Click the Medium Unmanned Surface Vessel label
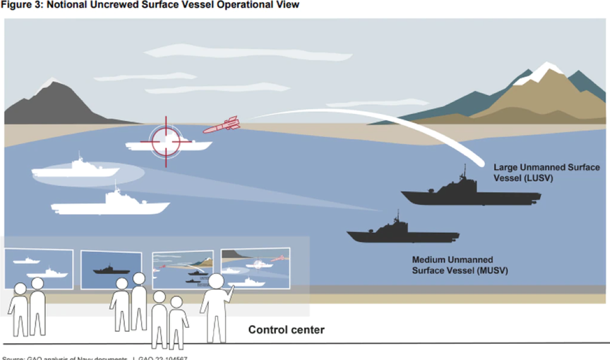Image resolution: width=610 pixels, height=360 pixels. click(x=459, y=265)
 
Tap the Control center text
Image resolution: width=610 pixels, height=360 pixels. click(x=286, y=329)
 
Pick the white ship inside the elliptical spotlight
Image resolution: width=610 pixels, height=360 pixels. click(x=76, y=170)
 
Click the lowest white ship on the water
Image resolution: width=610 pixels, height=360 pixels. click(x=111, y=205)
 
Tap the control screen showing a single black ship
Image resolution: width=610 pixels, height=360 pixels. click(x=111, y=269)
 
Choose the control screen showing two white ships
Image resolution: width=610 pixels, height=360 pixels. click(x=39, y=268)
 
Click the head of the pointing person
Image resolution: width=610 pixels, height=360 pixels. click(x=216, y=281)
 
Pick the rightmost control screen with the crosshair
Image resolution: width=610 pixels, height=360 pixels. click(x=255, y=268)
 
